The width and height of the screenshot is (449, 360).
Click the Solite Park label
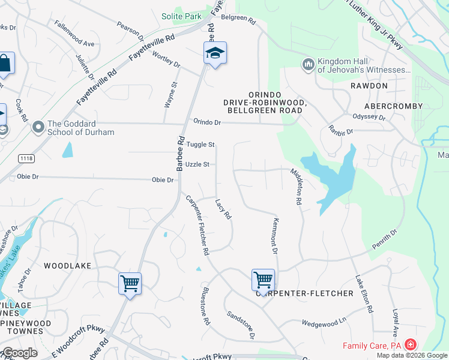[x=181, y=16]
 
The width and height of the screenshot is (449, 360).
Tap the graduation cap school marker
[x=215, y=53]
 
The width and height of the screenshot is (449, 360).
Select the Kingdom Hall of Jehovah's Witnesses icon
[x=309, y=64]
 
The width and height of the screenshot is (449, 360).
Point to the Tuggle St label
[x=200, y=145]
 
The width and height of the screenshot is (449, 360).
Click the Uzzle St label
[x=197, y=164]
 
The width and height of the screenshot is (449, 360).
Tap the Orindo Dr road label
[x=207, y=122]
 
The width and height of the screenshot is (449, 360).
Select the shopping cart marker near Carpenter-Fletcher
[x=263, y=280]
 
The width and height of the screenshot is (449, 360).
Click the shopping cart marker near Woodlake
[x=130, y=283]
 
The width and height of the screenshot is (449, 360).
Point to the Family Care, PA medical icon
[x=411, y=345]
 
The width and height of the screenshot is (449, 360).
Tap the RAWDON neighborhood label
[x=369, y=86]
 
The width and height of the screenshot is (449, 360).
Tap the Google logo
[x=19, y=353]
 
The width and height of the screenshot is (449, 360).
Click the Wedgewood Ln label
[x=325, y=322]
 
